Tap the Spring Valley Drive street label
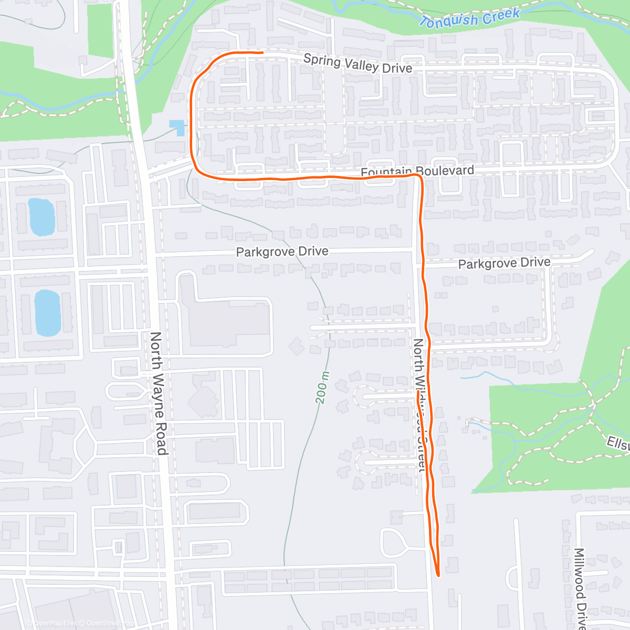tap(358, 64)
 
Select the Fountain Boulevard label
tap(417, 171)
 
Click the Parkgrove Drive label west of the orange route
tap(282, 252)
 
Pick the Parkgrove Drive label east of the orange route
tap(504, 263)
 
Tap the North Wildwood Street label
tap(419, 404)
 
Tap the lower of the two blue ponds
tap(47, 313)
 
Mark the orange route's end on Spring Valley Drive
tap(261, 52)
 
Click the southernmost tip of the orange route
tap(437, 575)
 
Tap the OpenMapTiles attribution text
tap(55, 623)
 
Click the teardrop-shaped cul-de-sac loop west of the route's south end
tap(393, 543)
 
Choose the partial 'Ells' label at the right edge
tap(617, 443)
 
